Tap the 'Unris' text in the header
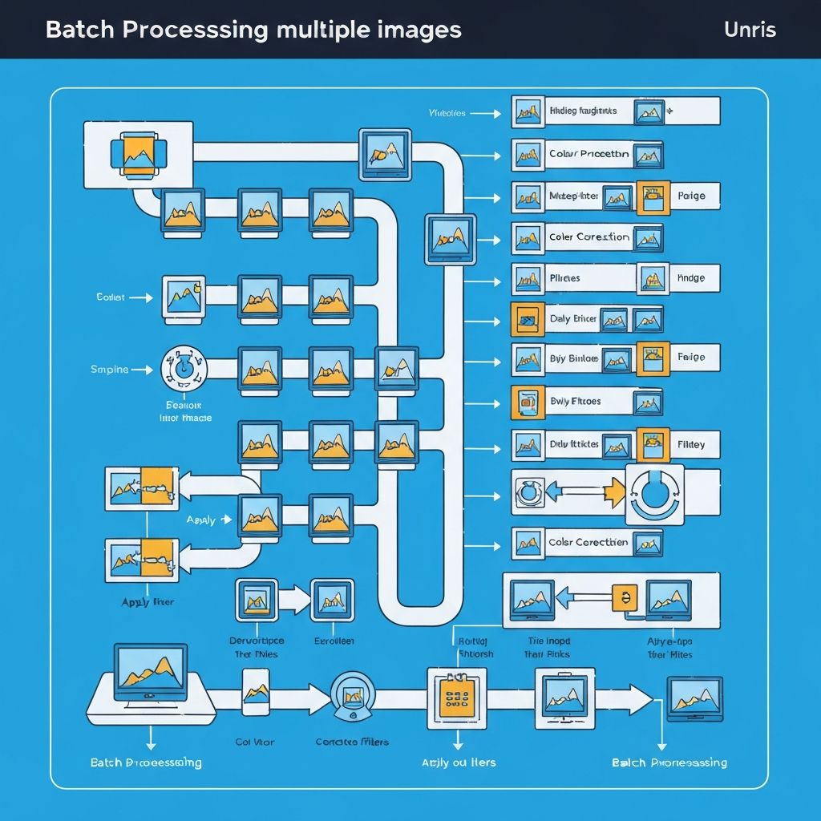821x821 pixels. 749,30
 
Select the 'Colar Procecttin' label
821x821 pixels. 588,153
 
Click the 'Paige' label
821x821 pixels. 691,196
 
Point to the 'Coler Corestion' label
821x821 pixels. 588,237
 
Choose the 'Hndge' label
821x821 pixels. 690,278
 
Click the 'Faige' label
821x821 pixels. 690,357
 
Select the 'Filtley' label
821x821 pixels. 691,444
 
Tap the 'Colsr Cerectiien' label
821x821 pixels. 588,543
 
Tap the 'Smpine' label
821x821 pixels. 110,370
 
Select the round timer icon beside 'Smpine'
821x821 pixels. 184,369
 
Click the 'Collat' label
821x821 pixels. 111,297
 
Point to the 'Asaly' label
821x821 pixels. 200,520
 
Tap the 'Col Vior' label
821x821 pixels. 254,742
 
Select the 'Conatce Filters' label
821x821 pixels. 352,742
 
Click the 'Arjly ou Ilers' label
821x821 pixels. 459,762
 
